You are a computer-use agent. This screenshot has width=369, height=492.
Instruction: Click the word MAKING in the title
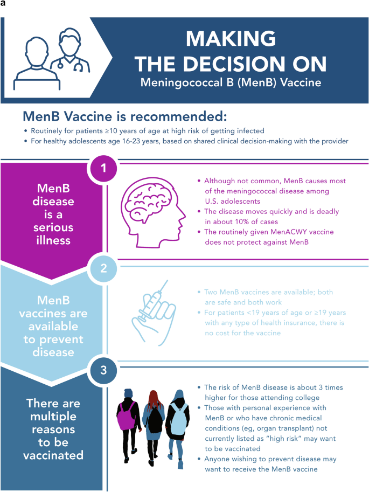[x=230, y=39]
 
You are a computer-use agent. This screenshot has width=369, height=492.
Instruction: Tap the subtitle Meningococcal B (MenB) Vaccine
[x=230, y=84]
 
